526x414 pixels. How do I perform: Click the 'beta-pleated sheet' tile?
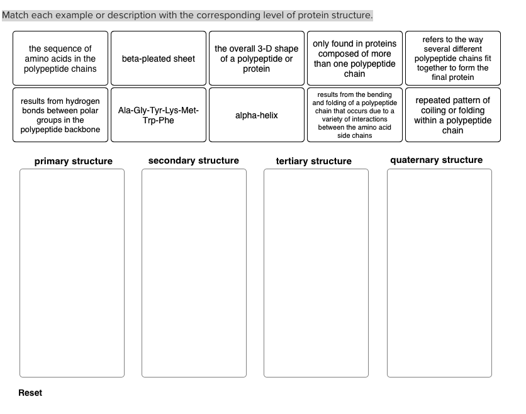(x=159, y=59)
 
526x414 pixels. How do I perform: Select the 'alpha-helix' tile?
(x=257, y=115)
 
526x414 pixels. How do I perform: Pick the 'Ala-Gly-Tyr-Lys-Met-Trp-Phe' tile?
(x=159, y=115)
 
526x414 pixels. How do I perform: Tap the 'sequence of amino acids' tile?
(x=60, y=59)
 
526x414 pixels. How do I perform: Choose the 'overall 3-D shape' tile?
(x=257, y=59)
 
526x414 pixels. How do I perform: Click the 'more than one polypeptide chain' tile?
(x=355, y=59)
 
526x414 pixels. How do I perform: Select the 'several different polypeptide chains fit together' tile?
(x=453, y=59)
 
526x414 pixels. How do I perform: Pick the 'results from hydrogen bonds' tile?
(x=60, y=115)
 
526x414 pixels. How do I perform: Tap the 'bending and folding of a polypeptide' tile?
(x=355, y=115)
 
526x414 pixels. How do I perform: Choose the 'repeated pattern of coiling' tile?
(x=453, y=115)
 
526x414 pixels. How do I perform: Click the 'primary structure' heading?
(x=74, y=161)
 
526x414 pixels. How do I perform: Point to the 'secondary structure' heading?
(x=194, y=160)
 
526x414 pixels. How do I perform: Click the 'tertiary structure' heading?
(x=314, y=161)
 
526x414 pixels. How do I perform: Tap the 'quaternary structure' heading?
(x=437, y=160)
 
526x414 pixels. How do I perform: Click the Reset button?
(x=30, y=393)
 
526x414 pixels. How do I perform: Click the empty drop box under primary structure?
(x=72, y=273)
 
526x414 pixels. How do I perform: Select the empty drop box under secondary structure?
(x=194, y=273)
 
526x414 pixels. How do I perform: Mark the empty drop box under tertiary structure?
(x=316, y=273)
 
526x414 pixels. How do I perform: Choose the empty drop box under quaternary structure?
(x=439, y=273)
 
